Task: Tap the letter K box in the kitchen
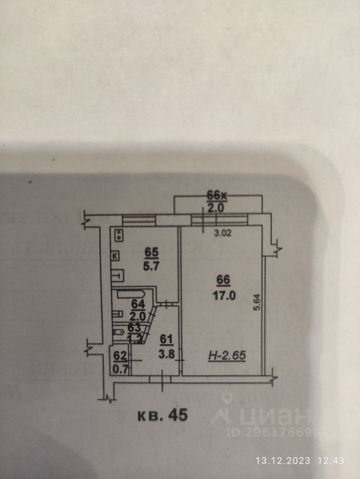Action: point(115,256)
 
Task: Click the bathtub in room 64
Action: point(132,294)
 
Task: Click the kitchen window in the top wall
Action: point(139,219)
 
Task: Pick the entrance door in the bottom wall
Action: point(160,379)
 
